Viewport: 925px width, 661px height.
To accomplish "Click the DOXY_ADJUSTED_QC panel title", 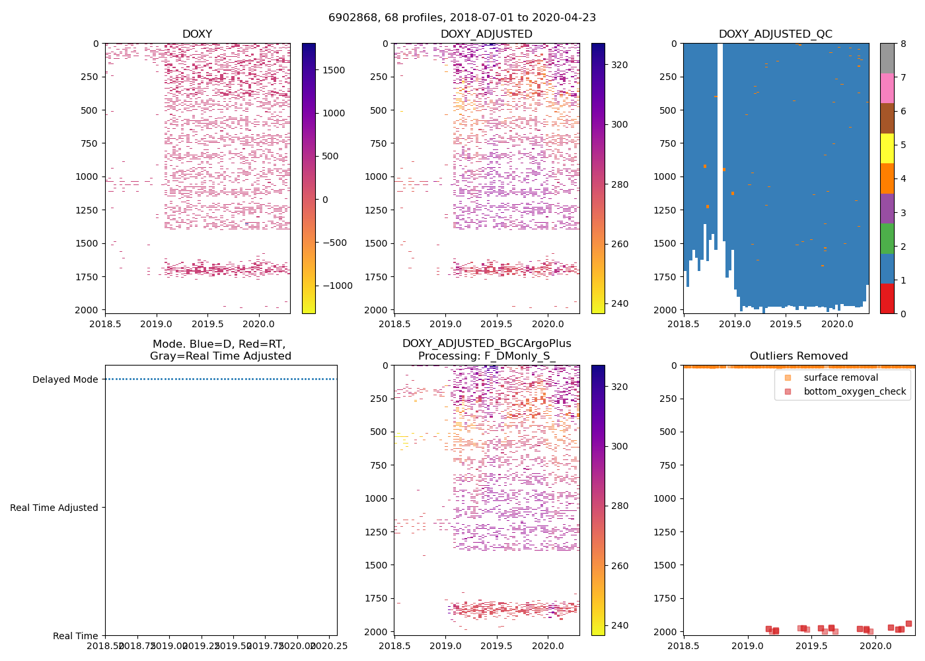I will pos(775,34).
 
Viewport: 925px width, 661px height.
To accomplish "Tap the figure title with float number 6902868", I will pos(462,18).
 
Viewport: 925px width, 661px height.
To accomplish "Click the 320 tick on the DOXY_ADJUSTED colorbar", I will pos(619,65).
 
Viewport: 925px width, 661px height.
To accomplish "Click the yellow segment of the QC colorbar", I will pos(887,148).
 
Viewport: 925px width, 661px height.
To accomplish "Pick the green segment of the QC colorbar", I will pos(887,238).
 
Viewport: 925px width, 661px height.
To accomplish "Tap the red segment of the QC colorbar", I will pos(887,298).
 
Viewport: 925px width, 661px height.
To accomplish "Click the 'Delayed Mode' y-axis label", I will pos(65,379).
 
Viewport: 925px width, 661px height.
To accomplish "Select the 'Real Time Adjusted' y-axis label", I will pos(54,508).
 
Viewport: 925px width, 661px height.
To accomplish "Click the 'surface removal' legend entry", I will pos(840,377).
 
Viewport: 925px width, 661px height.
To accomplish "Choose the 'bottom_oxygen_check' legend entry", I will pos(854,391).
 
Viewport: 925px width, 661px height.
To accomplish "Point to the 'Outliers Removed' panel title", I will pos(798,356).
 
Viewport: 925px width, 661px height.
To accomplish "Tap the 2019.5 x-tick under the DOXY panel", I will pos(207,324).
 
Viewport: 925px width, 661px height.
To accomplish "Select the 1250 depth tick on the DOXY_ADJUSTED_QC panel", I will pos(663,210).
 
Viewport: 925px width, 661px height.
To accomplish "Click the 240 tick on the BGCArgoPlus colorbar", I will pos(619,625).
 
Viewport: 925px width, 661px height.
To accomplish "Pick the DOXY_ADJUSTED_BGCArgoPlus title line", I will pos(486,344).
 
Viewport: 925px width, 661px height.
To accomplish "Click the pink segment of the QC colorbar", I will pos(887,88).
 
